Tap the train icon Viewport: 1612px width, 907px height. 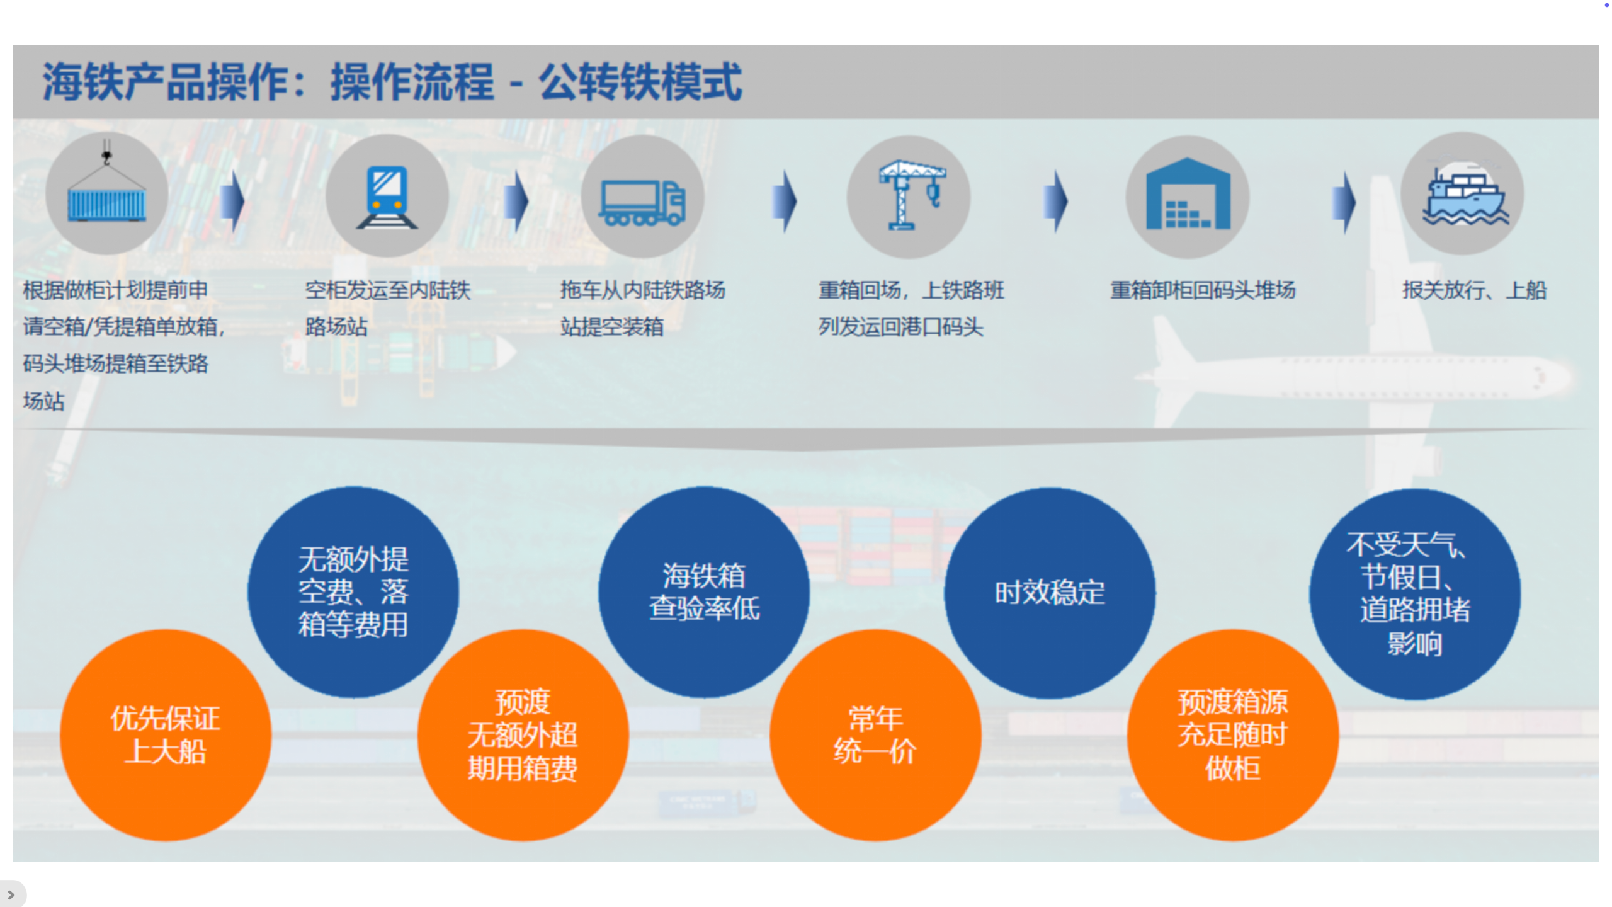387,195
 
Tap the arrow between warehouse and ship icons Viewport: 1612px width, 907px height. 1344,202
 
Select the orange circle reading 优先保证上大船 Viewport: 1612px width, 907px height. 166,735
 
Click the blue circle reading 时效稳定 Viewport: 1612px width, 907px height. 1050,593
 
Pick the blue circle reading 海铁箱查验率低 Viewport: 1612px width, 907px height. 704,592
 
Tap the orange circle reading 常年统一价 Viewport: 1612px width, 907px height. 875,735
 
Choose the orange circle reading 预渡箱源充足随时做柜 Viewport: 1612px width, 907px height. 1233,735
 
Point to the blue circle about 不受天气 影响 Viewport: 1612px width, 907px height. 1415,594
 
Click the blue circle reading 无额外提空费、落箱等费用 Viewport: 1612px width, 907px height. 353,592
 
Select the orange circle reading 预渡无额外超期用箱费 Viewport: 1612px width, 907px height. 523,735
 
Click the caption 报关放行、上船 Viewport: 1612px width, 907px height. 1474,290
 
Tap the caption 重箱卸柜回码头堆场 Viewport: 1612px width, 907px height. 1203,290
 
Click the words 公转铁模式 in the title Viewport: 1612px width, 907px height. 640,83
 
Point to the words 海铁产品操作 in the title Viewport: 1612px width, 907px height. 166,83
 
